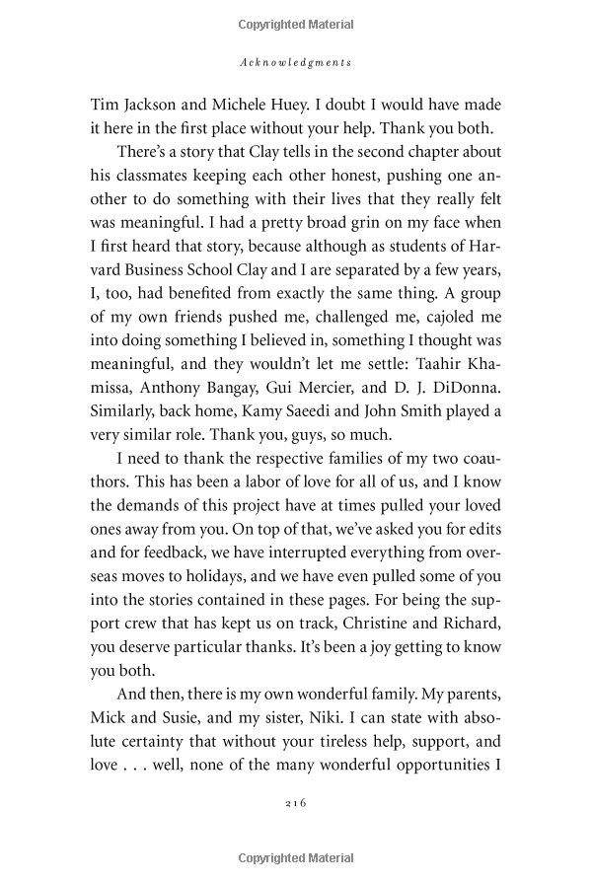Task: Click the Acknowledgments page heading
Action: (x=296, y=62)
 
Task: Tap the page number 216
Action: (x=296, y=803)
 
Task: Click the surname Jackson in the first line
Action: (x=153, y=102)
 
